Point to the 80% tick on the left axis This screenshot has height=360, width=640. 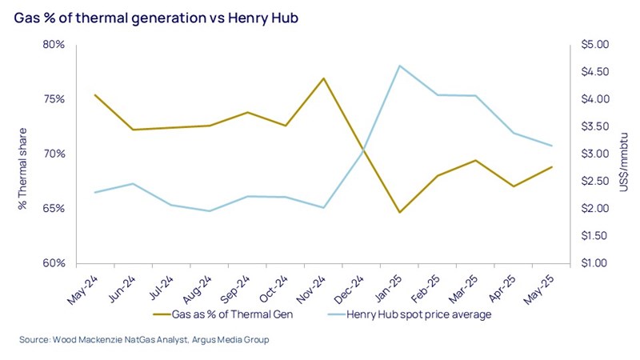54,45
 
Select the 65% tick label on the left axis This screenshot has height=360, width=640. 54,209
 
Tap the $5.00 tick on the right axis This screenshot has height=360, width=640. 593,45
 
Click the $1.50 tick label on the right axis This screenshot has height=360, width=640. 593,236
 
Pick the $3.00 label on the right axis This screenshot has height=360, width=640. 593,154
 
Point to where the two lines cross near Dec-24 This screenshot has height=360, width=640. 362,148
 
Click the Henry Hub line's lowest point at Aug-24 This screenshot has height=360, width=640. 209,211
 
